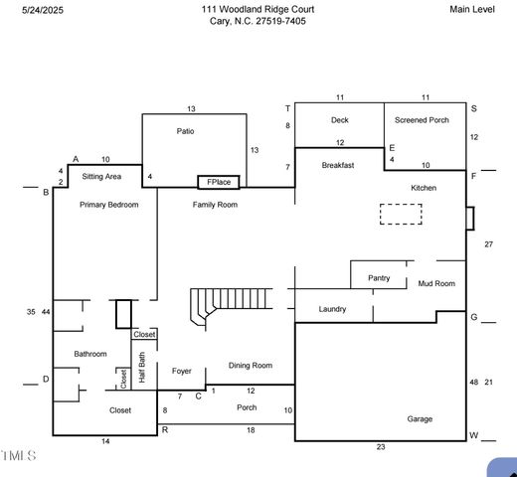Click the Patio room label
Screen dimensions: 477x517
coord(185,131)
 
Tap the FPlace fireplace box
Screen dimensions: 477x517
coord(219,182)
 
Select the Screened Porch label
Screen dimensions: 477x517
coord(422,120)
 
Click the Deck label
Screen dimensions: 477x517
coord(339,120)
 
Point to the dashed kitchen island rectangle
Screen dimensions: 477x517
coord(401,214)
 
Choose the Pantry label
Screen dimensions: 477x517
coord(379,278)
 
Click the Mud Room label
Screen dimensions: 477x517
coord(436,284)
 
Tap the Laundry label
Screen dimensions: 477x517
coord(332,309)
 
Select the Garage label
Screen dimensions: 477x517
coord(420,419)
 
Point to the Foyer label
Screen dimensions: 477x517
coord(181,372)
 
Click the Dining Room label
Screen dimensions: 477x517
coord(251,366)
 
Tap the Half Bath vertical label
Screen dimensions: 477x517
coord(142,368)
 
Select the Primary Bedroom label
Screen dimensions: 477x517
coord(109,205)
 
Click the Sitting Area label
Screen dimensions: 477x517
coord(101,176)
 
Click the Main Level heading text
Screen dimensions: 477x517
coord(473,9)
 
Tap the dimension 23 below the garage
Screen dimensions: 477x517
coord(380,447)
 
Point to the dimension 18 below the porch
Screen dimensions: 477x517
coord(251,429)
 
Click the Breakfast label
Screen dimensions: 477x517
coord(338,166)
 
